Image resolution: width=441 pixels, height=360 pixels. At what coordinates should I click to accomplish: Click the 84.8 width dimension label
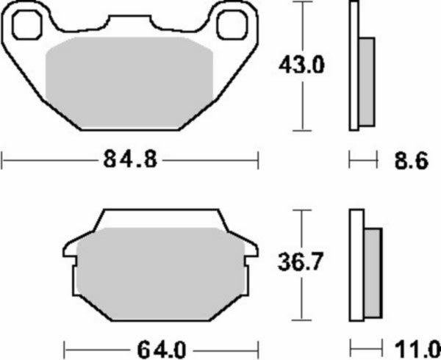point(130,159)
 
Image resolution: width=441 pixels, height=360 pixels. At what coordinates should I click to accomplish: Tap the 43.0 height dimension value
point(301,65)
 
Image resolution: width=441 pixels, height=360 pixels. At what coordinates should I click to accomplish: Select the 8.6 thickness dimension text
point(411,161)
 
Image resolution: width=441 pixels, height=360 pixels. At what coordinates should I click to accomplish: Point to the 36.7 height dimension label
point(301,262)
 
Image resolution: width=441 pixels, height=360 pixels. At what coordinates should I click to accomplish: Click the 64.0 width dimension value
point(162,350)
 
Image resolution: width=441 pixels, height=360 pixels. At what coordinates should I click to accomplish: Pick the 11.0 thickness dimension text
point(418,349)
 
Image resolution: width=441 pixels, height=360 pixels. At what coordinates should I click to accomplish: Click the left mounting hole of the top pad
point(27,25)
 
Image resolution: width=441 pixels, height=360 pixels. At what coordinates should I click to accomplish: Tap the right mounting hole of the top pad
point(232,25)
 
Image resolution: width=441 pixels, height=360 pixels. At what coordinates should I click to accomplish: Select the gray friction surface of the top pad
point(129,83)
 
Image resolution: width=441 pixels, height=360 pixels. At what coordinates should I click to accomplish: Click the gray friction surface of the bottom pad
point(160,274)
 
